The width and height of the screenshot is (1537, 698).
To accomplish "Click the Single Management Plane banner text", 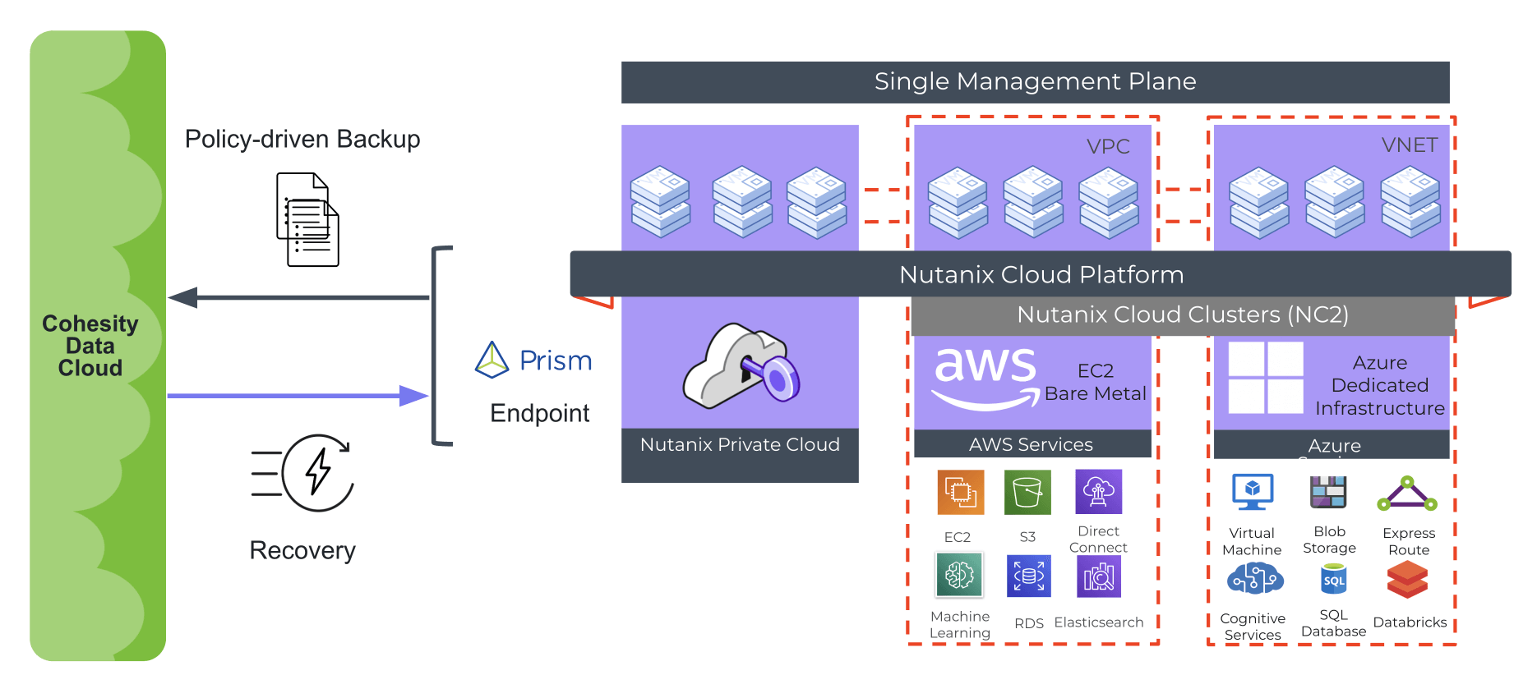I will pyautogui.click(x=1035, y=81).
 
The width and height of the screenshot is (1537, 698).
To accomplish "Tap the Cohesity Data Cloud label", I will pyautogui.click(x=90, y=346).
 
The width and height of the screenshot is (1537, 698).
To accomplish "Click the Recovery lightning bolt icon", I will pyautogui.click(x=317, y=472).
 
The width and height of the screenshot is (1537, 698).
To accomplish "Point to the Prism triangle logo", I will pyautogui.click(x=492, y=360).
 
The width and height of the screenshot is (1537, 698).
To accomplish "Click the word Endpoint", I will pyautogui.click(x=539, y=413).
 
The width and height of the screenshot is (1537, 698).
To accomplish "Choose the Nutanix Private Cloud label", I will pyautogui.click(x=740, y=444).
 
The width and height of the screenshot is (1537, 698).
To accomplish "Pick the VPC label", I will pyautogui.click(x=1108, y=146).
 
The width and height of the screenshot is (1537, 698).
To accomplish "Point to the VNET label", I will pyautogui.click(x=1410, y=145).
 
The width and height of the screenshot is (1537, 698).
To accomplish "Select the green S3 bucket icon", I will pyautogui.click(x=1027, y=492).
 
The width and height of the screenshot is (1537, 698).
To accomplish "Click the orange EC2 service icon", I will pyautogui.click(x=960, y=492).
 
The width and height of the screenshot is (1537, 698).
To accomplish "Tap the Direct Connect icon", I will pyautogui.click(x=1098, y=491).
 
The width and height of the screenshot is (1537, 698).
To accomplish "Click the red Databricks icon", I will pyautogui.click(x=1407, y=580).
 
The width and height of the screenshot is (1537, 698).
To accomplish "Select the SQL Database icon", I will pyautogui.click(x=1333, y=580).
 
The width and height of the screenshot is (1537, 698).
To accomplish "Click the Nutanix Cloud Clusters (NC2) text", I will pyautogui.click(x=1182, y=315).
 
